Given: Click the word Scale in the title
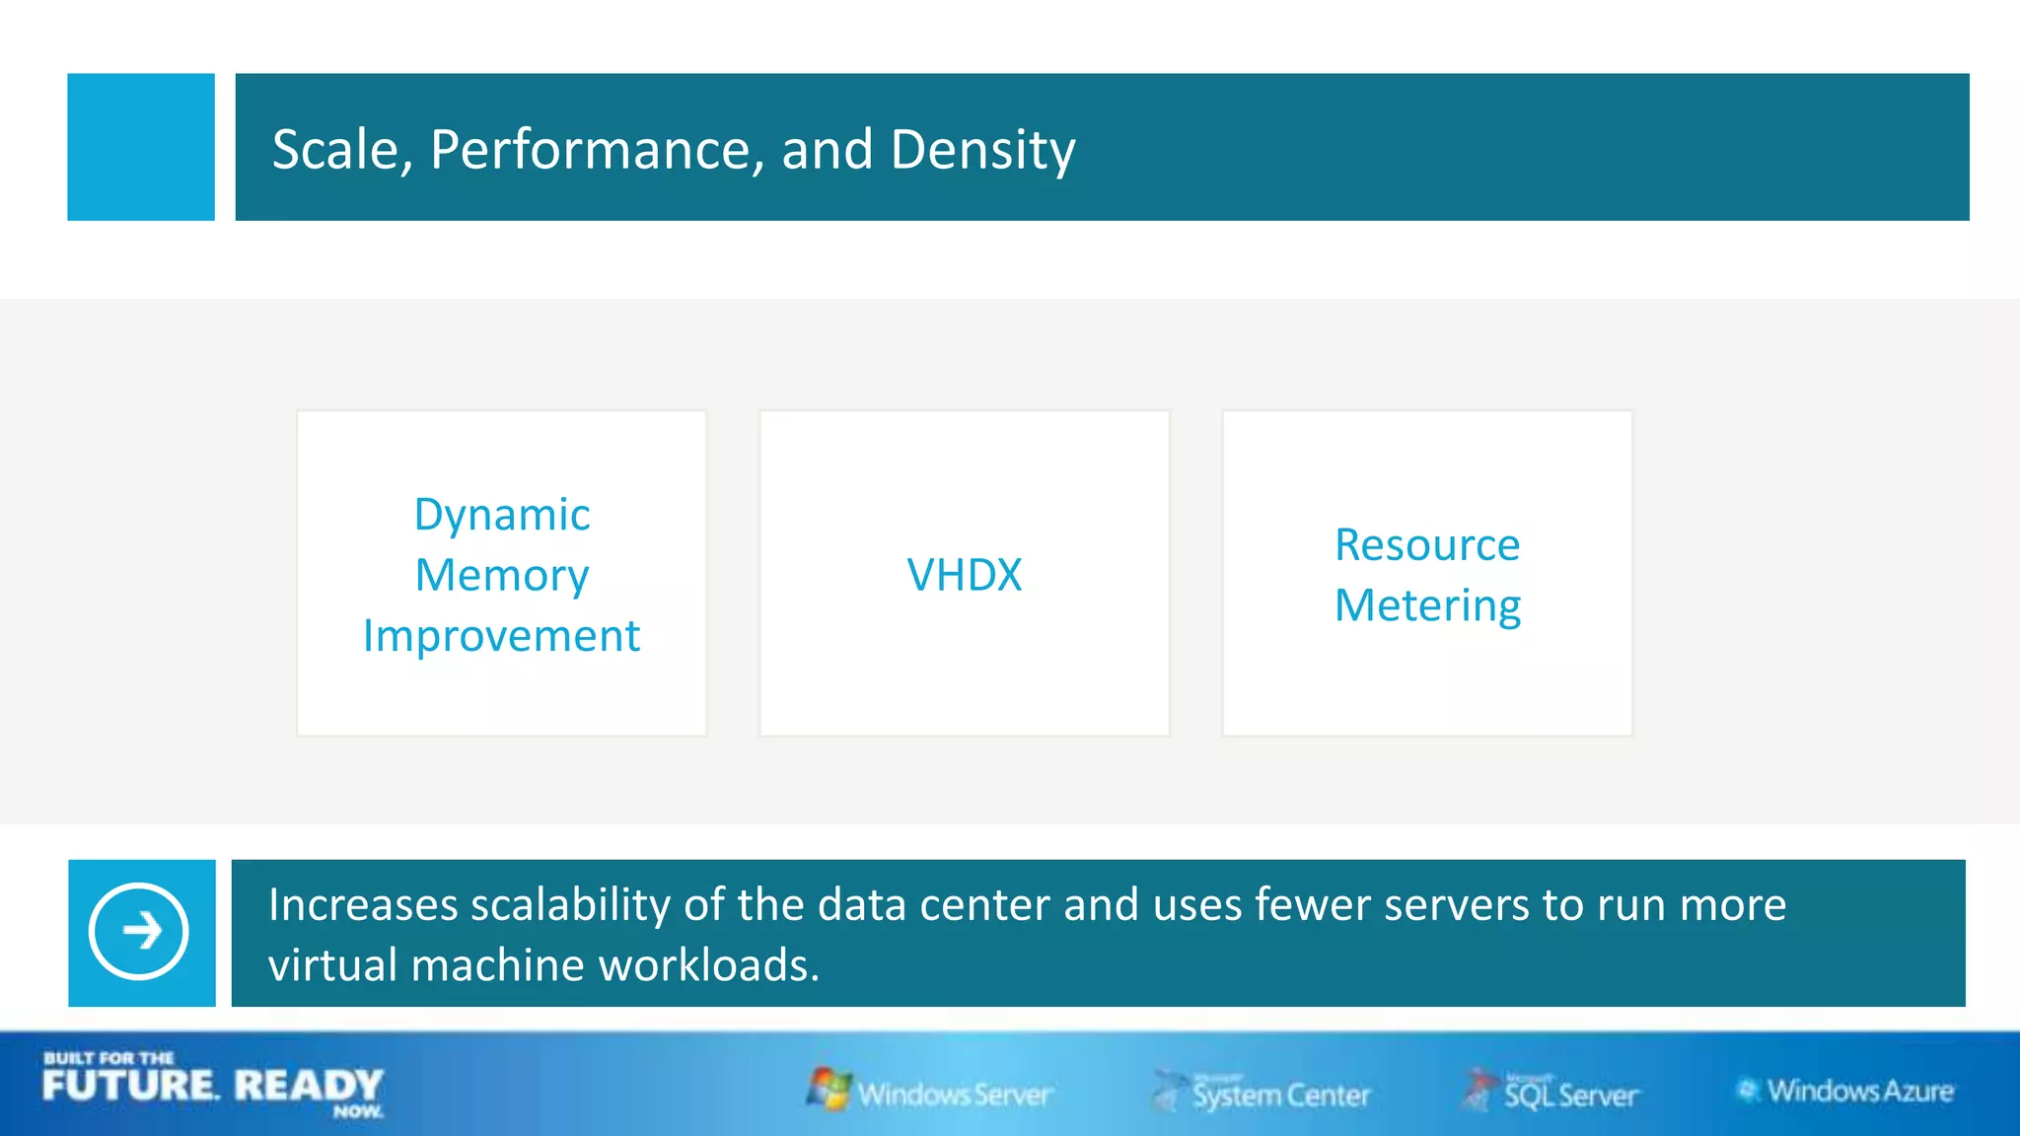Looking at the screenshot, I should coord(334,150).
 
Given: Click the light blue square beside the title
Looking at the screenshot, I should coord(141,147).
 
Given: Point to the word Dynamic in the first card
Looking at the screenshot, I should coord(501,515).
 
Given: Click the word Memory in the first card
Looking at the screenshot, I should coord(501,576).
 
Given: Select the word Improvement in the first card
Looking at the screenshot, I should coord(501,636).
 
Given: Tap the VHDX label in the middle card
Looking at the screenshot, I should coord(964,575).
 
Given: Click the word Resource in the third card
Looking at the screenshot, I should coord(1426,545).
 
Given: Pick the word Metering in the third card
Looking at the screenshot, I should coord(1426,605).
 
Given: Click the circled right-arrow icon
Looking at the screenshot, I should coord(139,931).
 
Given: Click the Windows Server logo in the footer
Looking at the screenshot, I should coord(930,1092).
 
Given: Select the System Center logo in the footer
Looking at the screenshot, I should coord(1262,1093).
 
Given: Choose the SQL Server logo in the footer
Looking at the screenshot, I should coord(1552,1092).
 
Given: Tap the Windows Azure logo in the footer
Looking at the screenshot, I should coord(1846,1091).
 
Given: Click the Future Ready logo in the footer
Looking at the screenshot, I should coord(213,1085).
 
